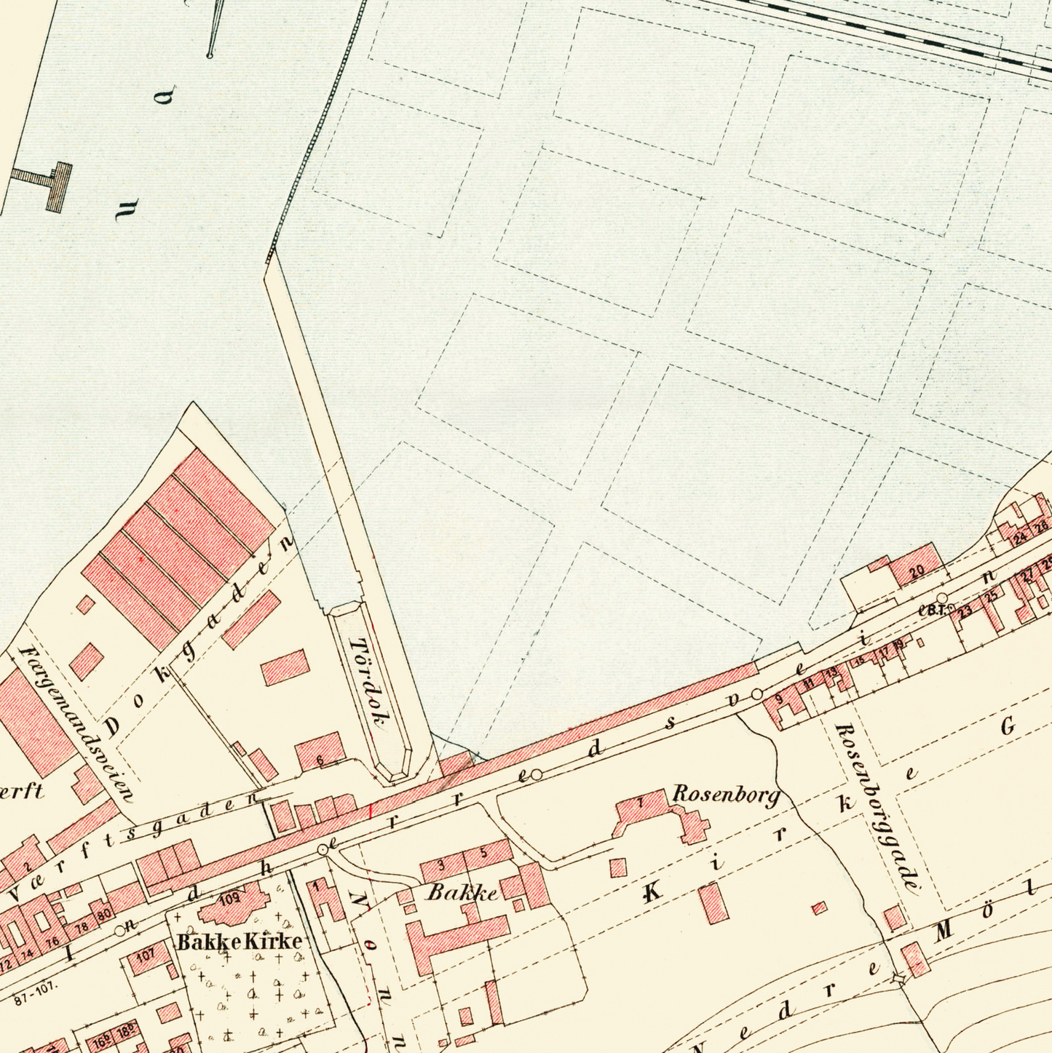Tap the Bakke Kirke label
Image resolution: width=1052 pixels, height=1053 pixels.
click(x=240, y=942)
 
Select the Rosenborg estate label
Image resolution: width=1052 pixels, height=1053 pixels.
click(x=725, y=794)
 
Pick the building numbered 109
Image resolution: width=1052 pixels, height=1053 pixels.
click(x=229, y=899)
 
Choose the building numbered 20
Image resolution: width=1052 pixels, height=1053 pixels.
click(x=917, y=571)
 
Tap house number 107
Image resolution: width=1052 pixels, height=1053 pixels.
click(x=146, y=955)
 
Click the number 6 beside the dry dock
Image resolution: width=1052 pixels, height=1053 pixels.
click(x=320, y=760)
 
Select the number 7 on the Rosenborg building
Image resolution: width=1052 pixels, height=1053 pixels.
click(x=640, y=803)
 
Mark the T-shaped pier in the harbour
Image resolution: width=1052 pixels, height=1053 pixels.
click(x=45, y=181)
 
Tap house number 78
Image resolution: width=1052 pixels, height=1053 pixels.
click(x=82, y=926)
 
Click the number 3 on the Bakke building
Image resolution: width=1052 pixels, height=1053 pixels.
click(x=441, y=865)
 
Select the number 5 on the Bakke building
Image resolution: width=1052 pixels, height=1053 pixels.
click(x=483, y=854)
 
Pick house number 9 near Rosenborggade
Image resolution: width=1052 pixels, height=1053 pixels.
click(x=778, y=700)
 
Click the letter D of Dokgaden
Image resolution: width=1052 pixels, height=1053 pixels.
click(x=113, y=727)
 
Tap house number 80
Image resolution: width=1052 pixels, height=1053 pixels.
click(x=104, y=914)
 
